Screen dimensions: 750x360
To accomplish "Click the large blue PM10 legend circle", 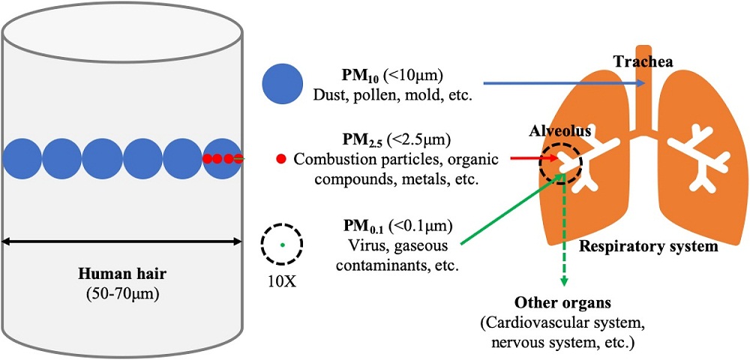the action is (x=282, y=84).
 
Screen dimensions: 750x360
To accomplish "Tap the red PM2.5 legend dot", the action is (x=281, y=159).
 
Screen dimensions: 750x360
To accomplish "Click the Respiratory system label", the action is (x=649, y=247).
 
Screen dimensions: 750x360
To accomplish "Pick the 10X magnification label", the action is (x=282, y=280).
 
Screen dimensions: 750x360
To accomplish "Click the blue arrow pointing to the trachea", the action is (x=565, y=83).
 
